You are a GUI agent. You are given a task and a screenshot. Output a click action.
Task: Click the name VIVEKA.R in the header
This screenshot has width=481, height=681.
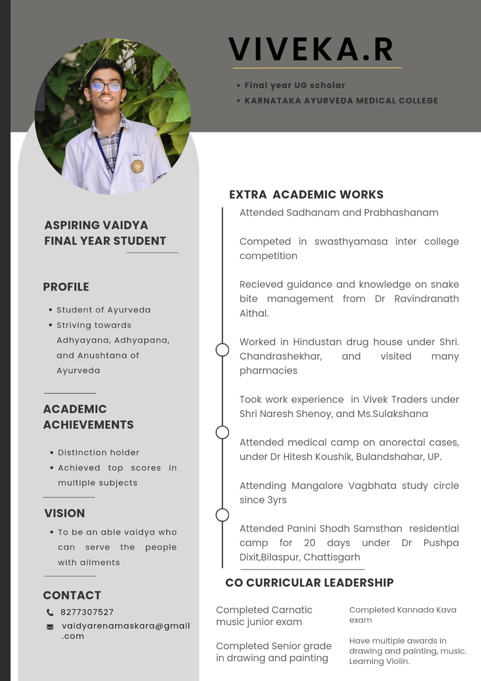point(311,49)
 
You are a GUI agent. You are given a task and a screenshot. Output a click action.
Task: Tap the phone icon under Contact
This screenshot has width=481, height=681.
point(50,612)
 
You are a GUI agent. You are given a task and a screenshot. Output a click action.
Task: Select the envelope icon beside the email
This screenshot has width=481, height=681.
point(50,627)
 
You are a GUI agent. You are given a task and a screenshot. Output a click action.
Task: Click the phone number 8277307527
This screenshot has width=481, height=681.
point(87,612)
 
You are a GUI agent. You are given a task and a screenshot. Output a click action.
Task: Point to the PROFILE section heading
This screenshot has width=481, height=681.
point(66,287)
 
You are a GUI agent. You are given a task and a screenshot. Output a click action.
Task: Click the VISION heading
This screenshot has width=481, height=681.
point(65,513)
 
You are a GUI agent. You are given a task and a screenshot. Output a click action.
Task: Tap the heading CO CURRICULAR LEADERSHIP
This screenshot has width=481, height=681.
point(309,583)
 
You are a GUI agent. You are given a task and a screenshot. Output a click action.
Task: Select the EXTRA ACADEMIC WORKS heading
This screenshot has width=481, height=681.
point(306,195)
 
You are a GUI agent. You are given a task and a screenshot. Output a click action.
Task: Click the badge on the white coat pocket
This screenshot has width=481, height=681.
point(137,166)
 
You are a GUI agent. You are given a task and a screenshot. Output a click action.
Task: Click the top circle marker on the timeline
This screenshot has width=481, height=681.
point(222,350)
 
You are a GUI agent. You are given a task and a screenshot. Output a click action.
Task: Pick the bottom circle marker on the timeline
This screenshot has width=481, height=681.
point(222,515)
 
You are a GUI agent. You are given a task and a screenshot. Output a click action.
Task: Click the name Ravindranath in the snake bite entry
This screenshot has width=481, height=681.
point(426,299)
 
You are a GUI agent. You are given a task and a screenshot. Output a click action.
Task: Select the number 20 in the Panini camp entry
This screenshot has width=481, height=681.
point(310,543)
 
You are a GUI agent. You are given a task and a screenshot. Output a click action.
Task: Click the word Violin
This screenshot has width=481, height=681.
point(397,661)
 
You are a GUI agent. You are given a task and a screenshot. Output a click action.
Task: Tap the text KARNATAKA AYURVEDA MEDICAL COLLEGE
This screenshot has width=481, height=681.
point(341,101)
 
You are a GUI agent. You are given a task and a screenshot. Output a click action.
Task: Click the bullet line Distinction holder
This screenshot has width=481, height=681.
point(99,452)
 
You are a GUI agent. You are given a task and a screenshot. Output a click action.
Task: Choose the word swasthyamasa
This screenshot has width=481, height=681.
point(351,241)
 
